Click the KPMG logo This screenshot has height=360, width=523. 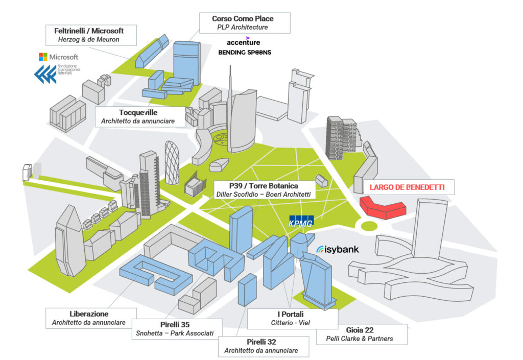point(301,221)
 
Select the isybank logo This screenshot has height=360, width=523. point(338,250)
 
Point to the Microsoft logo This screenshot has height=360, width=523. point(58,57)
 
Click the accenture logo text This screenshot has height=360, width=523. point(243,42)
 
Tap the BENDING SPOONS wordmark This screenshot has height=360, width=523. point(245,53)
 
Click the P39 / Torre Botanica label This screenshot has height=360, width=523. point(264,189)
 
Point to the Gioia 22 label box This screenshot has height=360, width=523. point(355,333)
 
